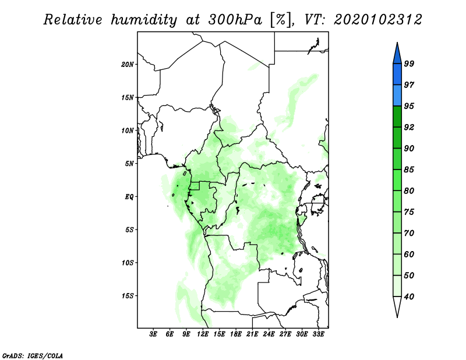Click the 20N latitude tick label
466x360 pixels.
pyautogui.click(x=128, y=64)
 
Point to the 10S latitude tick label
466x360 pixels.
pyautogui.click(x=128, y=263)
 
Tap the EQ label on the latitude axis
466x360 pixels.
pyautogui.click(x=129, y=197)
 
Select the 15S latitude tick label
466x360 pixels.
pyautogui.click(x=128, y=296)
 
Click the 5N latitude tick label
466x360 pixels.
pyautogui.click(x=130, y=164)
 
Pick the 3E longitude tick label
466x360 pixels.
pyautogui.click(x=154, y=335)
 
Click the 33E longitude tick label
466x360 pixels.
pyautogui.click(x=319, y=335)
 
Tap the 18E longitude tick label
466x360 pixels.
pyautogui.click(x=236, y=335)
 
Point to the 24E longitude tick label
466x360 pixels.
pyautogui.click(x=269, y=335)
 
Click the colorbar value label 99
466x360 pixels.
pyautogui.click(x=409, y=63)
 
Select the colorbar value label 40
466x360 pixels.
pyautogui.click(x=409, y=297)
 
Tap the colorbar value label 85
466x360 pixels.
pyautogui.click(x=409, y=170)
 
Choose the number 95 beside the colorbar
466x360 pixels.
pyautogui.click(x=409, y=106)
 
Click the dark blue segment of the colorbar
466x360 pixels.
pyautogui.click(x=397, y=74)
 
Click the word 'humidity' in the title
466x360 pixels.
pyautogui.click(x=144, y=20)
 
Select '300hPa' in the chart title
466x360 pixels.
pyautogui.click(x=230, y=20)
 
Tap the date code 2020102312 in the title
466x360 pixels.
pyautogui.click(x=378, y=20)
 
